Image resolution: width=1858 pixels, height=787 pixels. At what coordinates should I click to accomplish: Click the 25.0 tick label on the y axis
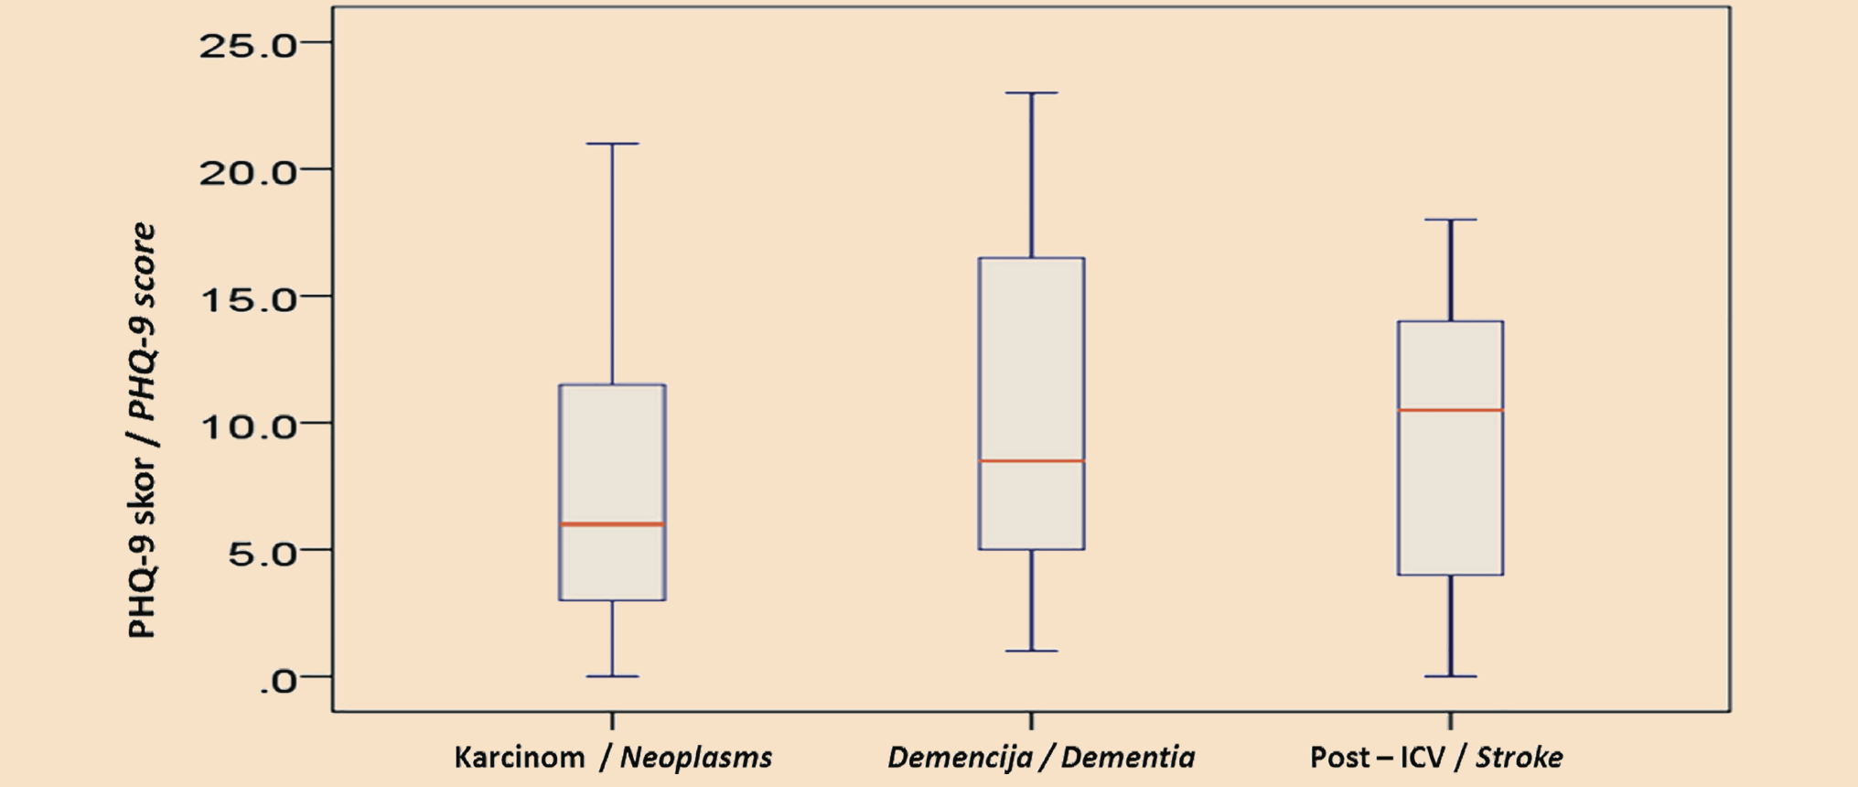click(248, 44)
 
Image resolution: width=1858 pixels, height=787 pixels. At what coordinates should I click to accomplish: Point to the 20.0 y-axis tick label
click(248, 170)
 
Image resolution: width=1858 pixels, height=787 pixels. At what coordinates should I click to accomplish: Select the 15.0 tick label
click(248, 297)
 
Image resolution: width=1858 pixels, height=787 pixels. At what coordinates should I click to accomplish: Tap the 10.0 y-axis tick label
click(248, 425)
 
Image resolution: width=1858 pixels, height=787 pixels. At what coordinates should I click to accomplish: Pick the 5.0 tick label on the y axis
click(263, 552)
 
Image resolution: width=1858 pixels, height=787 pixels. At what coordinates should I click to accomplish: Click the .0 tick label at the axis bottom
click(278, 679)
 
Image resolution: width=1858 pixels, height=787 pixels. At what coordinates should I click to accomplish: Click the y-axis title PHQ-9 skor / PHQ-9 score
click(142, 430)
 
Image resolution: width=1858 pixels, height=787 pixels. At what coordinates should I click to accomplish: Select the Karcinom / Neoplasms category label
click(613, 758)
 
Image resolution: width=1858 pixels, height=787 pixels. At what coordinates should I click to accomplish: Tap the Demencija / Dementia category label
click(1041, 758)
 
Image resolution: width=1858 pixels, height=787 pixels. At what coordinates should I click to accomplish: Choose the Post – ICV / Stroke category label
click(1436, 758)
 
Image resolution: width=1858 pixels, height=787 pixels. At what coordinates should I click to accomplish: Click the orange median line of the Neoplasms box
click(612, 524)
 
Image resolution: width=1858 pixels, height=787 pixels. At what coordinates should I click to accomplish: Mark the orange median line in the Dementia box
click(1032, 460)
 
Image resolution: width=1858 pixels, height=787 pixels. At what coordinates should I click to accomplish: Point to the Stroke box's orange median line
click(1451, 410)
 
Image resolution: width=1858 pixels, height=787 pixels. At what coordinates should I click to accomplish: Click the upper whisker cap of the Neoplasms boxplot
click(612, 144)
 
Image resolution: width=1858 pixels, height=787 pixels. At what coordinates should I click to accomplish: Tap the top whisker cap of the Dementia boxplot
click(1032, 92)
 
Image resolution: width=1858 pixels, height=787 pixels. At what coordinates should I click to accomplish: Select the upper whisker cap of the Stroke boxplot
click(1451, 220)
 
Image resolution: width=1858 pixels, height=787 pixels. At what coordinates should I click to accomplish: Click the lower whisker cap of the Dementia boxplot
click(1032, 651)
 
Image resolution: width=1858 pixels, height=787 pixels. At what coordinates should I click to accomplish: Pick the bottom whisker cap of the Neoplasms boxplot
click(612, 676)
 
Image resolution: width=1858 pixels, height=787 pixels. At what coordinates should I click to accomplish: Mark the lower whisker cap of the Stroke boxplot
click(1451, 676)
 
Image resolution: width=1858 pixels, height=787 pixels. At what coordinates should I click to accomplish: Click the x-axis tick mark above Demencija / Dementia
click(1032, 720)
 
